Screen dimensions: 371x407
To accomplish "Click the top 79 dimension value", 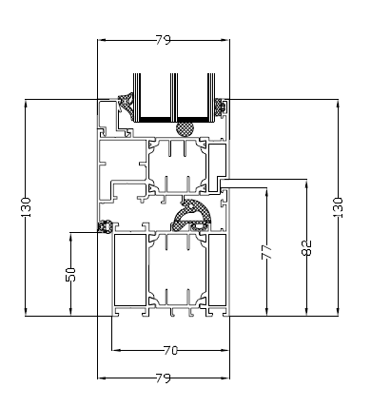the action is pyautogui.click(x=164, y=40).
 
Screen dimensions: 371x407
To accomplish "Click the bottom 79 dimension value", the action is pyautogui.click(x=164, y=378).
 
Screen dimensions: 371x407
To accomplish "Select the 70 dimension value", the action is pyautogui.click(x=170, y=350).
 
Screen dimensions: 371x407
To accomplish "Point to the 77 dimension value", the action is pyautogui.click(x=266, y=252).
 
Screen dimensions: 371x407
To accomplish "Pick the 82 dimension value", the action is pyautogui.click(x=306, y=247).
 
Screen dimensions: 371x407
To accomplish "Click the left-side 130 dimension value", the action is pyautogui.click(x=26, y=207).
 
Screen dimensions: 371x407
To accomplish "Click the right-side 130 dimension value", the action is pyautogui.click(x=338, y=207).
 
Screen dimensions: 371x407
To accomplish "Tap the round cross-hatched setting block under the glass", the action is pyautogui.click(x=185, y=128).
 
